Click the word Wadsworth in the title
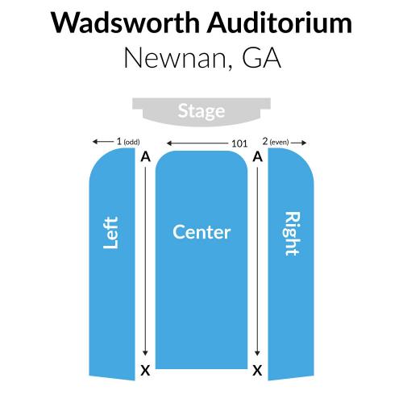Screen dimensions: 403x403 (126, 23)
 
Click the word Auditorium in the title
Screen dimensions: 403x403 (280, 23)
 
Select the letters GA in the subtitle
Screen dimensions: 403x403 (262, 57)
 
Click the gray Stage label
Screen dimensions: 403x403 (201, 111)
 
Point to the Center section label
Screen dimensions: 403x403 (201, 232)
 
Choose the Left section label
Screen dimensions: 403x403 (111, 233)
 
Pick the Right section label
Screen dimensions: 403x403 (292, 234)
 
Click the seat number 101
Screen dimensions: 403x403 (239, 143)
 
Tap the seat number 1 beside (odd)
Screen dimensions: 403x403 (119, 141)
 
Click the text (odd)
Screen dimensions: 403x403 (131, 142)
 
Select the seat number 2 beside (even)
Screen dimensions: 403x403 (265, 141)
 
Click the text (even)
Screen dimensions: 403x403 (279, 142)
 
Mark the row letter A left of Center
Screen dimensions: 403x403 (145, 156)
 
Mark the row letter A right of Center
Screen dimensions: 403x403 (257, 156)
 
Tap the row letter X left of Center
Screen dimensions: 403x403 (145, 371)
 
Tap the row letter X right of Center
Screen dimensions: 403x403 (257, 371)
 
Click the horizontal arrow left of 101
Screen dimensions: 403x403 (197, 143)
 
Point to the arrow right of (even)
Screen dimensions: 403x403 (298, 143)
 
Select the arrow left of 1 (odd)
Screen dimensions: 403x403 (103, 141)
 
